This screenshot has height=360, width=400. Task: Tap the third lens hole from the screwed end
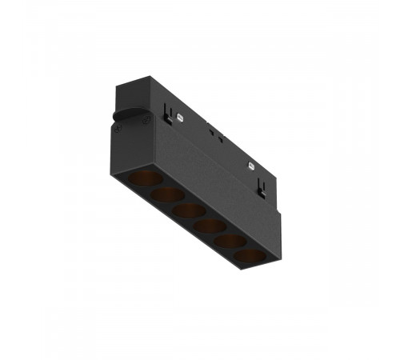189,210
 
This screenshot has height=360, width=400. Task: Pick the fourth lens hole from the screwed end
210,227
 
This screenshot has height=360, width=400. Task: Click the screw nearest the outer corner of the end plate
146,120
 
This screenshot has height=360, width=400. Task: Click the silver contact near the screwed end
182,117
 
